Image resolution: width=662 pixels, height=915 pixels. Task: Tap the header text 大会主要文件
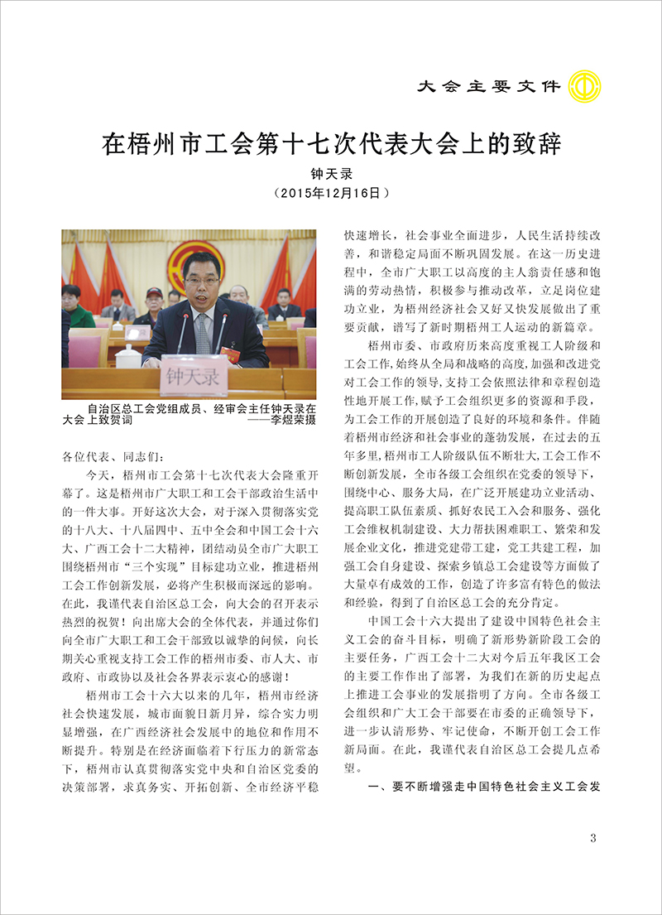tap(489, 86)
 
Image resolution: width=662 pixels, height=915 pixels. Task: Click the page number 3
tap(592, 839)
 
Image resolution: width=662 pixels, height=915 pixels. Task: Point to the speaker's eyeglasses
tap(202, 282)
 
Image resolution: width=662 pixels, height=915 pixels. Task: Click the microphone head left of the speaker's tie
tap(183, 315)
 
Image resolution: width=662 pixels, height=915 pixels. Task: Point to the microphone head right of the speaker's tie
tap(223, 315)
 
